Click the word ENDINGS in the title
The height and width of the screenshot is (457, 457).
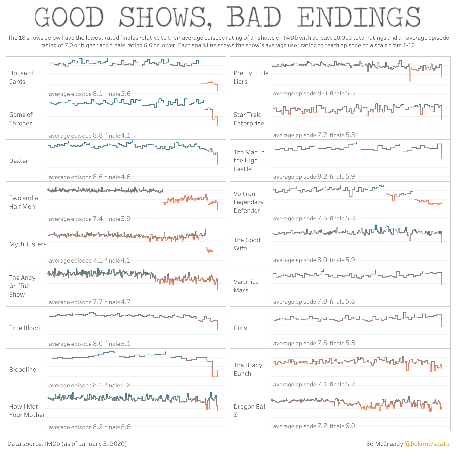pos(358,17)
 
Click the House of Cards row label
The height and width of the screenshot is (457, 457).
pos(22,77)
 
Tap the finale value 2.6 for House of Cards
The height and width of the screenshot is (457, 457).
pos(126,94)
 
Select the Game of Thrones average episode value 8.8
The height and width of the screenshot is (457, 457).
pos(98,135)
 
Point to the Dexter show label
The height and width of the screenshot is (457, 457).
pos(19,161)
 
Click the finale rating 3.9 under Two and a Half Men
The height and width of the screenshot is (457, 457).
pos(126,219)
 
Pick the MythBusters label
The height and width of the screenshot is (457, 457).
pos(28,244)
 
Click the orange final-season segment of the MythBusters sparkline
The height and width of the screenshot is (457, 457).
pos(209,250)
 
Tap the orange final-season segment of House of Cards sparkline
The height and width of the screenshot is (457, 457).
pos(208,83)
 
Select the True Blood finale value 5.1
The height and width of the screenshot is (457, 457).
pos(126,344)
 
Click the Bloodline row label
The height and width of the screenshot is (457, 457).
pos(23,370)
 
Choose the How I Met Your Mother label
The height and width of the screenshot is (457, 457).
pos(27,411)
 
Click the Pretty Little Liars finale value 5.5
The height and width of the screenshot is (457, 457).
pos(350,93)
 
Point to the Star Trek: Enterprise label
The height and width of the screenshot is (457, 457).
pos(249,119)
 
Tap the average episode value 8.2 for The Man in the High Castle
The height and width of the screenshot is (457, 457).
pos(322,176)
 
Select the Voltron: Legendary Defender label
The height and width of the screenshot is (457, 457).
pos(248,202)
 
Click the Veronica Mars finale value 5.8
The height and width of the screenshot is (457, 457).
pos(350,301)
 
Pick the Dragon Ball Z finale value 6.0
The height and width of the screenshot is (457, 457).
pos(350,426)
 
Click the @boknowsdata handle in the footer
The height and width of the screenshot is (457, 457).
pos(427,444)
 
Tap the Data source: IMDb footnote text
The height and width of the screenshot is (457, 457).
pos(67,444)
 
